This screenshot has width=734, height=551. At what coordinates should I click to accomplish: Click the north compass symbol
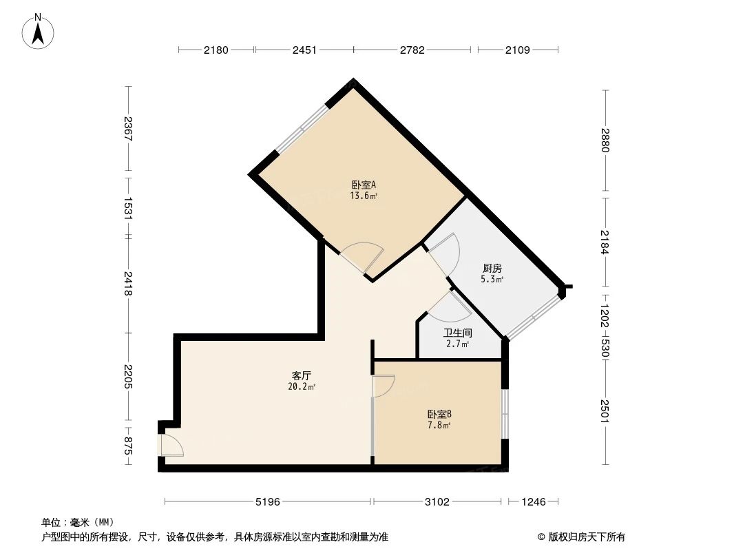[39, 31]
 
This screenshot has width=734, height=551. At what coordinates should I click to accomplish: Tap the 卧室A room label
[363, 185]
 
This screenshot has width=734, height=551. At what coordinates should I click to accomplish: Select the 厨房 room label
[492, 269]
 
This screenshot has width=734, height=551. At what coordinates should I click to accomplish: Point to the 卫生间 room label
[457, 333]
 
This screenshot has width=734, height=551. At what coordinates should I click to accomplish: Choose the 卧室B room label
[439, 414]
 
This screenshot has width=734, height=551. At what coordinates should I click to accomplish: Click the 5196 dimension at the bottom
[267, 502]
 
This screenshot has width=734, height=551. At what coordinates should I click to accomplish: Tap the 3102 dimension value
[437, 502]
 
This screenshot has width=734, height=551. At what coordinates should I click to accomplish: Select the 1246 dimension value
[533, 502]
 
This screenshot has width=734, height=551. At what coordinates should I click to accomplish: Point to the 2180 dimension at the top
[216, 50]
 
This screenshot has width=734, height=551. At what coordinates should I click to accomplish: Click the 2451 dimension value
[304, 50]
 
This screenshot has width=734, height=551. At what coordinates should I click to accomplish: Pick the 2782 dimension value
[412, 50]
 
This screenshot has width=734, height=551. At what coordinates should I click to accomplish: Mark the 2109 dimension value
[518, 50]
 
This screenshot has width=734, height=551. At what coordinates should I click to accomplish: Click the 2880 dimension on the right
[605, 141]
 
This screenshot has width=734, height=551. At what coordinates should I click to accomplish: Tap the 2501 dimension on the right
[605, 412]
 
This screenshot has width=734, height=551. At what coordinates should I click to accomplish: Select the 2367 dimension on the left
[127, 129]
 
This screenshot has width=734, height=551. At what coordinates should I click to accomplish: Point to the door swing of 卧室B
[383, 386]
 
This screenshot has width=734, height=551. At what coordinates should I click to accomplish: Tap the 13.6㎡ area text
[363, 196]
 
